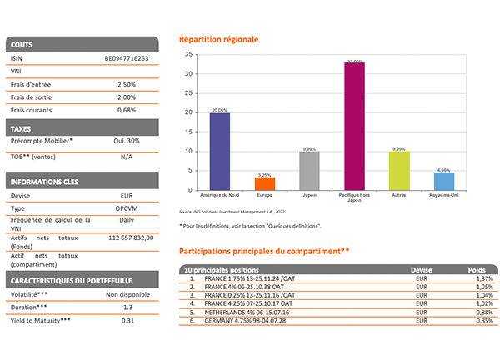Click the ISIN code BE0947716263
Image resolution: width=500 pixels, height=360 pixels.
[125, 59]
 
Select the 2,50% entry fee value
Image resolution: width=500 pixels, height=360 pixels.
[125, 84]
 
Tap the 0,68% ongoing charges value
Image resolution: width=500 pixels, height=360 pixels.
[125, 109]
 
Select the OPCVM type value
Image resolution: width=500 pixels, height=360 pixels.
[125, 207]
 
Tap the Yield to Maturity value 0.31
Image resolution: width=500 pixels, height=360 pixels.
[125, 321]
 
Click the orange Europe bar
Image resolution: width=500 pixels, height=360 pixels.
[264, 183]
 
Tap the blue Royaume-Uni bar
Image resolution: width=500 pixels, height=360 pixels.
[444, 181]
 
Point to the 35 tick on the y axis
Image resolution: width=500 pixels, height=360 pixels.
[189, 54]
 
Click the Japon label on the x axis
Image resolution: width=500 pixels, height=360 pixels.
[309, 195]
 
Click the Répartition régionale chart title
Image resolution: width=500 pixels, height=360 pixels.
[219, 39]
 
